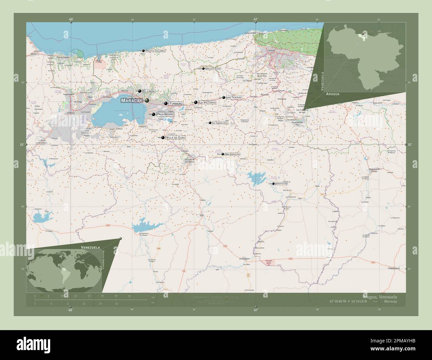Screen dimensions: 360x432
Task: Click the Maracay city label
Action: tap(132, 100)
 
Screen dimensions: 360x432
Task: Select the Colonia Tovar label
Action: tap(213, 69)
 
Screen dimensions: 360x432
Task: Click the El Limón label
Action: tap(149, 91)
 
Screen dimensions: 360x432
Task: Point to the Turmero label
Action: tap(176, 104)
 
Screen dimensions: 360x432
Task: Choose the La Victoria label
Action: tap(207, 103)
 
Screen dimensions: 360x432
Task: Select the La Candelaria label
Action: tap(220, 123)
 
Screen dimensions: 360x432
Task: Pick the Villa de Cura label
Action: tap(175, 137)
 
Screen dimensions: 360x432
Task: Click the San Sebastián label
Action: tap(232, 154)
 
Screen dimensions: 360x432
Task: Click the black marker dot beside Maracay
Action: tap(147, 100)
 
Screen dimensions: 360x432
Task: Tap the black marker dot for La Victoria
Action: tap(196, 103)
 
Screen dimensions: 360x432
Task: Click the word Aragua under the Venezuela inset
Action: tap(333, 94)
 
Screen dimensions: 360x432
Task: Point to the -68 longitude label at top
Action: tap(71, 19)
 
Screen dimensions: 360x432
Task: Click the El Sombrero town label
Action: tap(245, 259)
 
